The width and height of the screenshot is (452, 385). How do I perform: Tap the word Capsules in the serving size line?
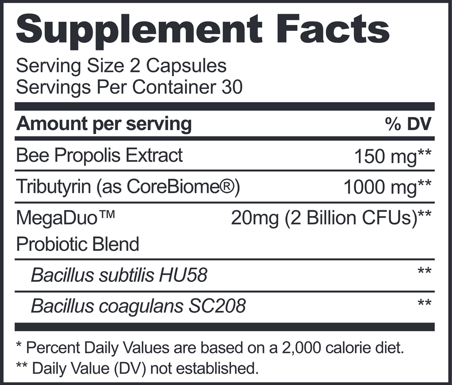pyautogui.click(x=188, y=66)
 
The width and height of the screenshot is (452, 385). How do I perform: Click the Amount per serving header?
pyautogui.click(x=104, y=123)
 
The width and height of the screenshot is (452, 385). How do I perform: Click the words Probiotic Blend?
pyautogui.click(x=77, y=244)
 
